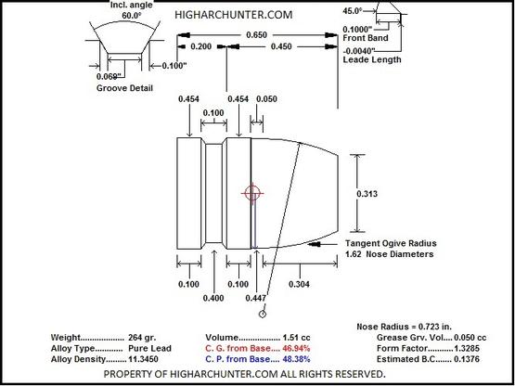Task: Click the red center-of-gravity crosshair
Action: (x=252, y=193)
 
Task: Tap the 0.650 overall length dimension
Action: (x=256, y=35)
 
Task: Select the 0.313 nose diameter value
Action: (x=367, y=194)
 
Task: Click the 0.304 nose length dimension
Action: (x=299, y=284)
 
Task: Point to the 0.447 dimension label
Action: (x=256, y=298)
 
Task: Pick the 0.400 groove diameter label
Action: (x=213, y=298)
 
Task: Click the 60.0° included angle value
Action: (x=131, y=16)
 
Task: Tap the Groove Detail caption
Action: (x=124, y=88)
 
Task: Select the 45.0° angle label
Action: (x=353, y=11)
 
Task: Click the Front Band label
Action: (x=366, y=38)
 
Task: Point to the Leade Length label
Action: (x=372, y=59)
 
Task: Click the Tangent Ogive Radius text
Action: (x=391, y=243)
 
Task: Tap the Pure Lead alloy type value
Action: (x=149, y=348)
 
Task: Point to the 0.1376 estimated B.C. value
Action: (x=466, y=359)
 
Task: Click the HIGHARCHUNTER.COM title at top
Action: (x=234, y=15)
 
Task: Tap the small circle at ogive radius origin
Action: (x=263, y=314)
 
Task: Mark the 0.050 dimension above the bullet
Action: (x=266, y=99)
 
